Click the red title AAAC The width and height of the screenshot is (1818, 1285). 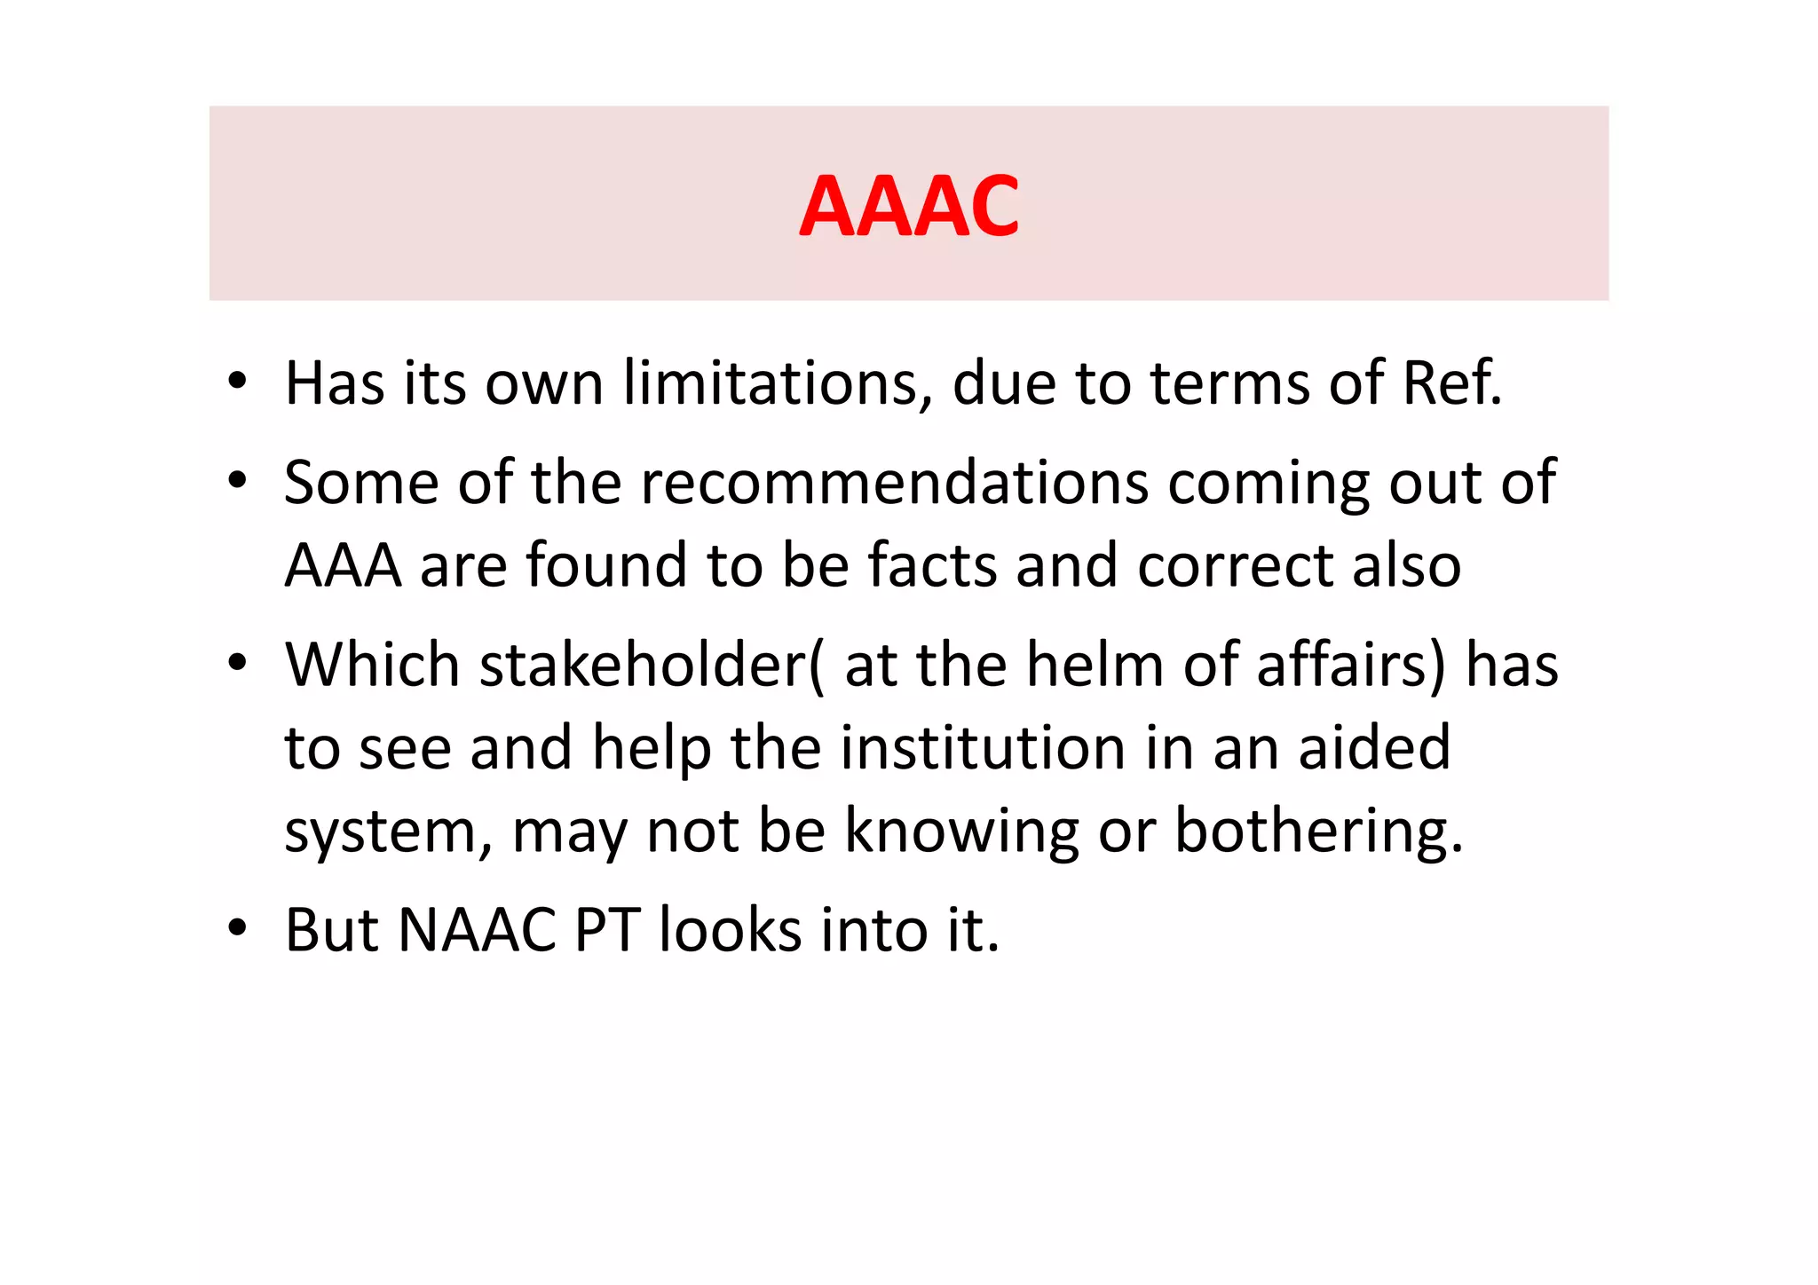pos(909,206)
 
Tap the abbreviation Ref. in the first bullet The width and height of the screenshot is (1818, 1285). pos(1452,383)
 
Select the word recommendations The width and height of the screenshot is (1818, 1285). pos(894,483)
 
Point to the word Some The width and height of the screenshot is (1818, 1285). pos(361,483)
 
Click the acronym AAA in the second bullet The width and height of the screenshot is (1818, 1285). pos(343,566)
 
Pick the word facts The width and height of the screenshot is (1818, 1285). pos(932,566)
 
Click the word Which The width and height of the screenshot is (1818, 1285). pos(372,665)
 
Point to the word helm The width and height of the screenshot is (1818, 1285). pos(1094,665)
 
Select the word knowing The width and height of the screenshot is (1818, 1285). pos(960,832)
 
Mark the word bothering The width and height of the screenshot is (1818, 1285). pos(1317,832)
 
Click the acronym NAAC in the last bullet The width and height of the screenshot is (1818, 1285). pos(478,931)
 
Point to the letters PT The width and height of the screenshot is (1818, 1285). pos(607,931)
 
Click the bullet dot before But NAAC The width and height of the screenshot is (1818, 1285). pos(236,928)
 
